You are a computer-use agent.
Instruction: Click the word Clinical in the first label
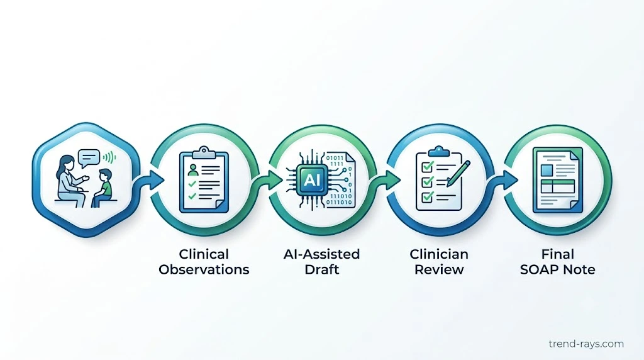coord(204,254)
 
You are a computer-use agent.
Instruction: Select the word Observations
coord(204,269)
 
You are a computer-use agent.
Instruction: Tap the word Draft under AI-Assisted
coord(321,269)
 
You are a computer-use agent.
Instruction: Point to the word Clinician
coord(439,254)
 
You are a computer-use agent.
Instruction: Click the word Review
coord(439,269)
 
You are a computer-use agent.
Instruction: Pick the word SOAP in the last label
coord(539,269)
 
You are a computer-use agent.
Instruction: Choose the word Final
coord(557,254)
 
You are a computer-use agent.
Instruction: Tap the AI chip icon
coord(312,179)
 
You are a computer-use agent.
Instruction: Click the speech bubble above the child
coord(89,158)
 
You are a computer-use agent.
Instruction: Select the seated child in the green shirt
coord(104,188)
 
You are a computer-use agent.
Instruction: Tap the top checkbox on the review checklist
coord(428,166)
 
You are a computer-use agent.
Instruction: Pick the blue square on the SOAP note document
coord(547,170)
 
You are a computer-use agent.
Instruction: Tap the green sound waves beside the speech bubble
coord(109,157)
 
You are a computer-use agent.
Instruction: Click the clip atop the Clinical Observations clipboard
coord(204,153)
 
